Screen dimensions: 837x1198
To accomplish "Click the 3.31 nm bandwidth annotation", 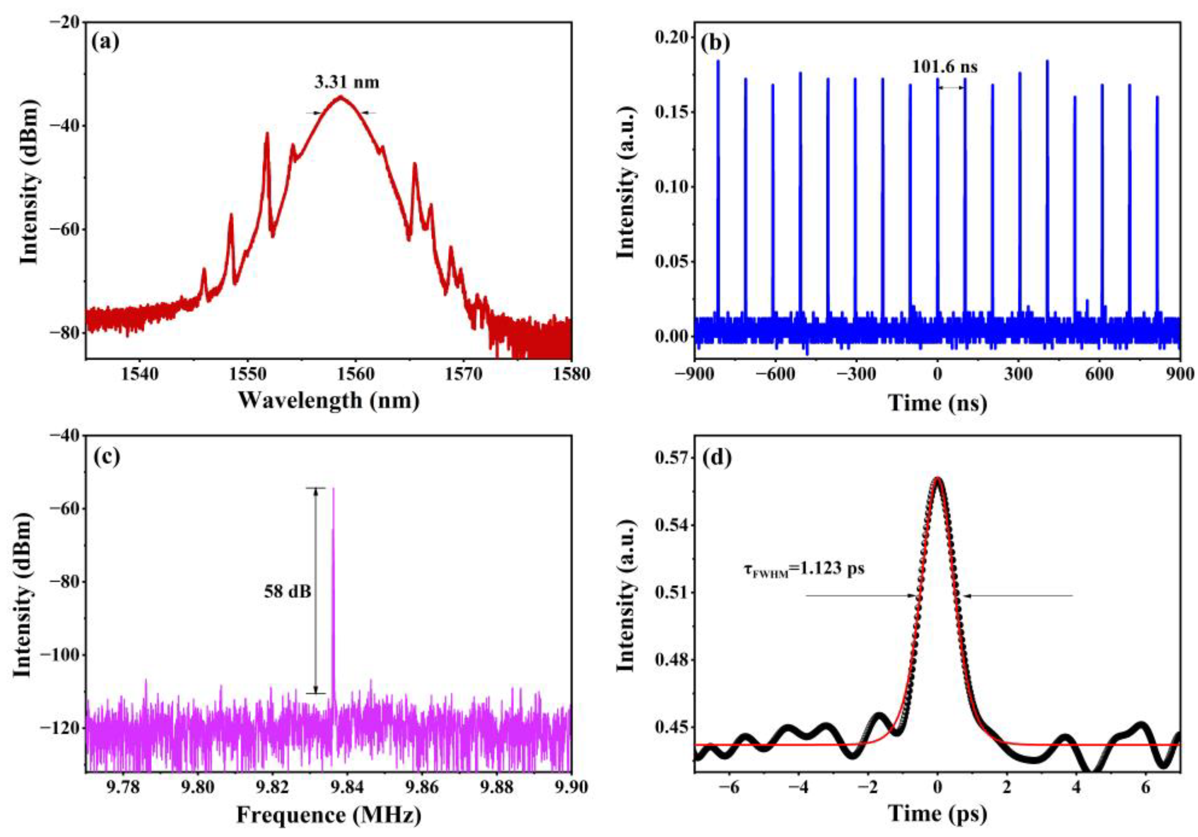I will [346, 82].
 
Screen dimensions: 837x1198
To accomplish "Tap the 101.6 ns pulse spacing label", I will [944, 67].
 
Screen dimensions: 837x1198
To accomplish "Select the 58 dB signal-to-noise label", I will [287, 591].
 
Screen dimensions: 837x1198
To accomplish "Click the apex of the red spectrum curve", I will [341, 96].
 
